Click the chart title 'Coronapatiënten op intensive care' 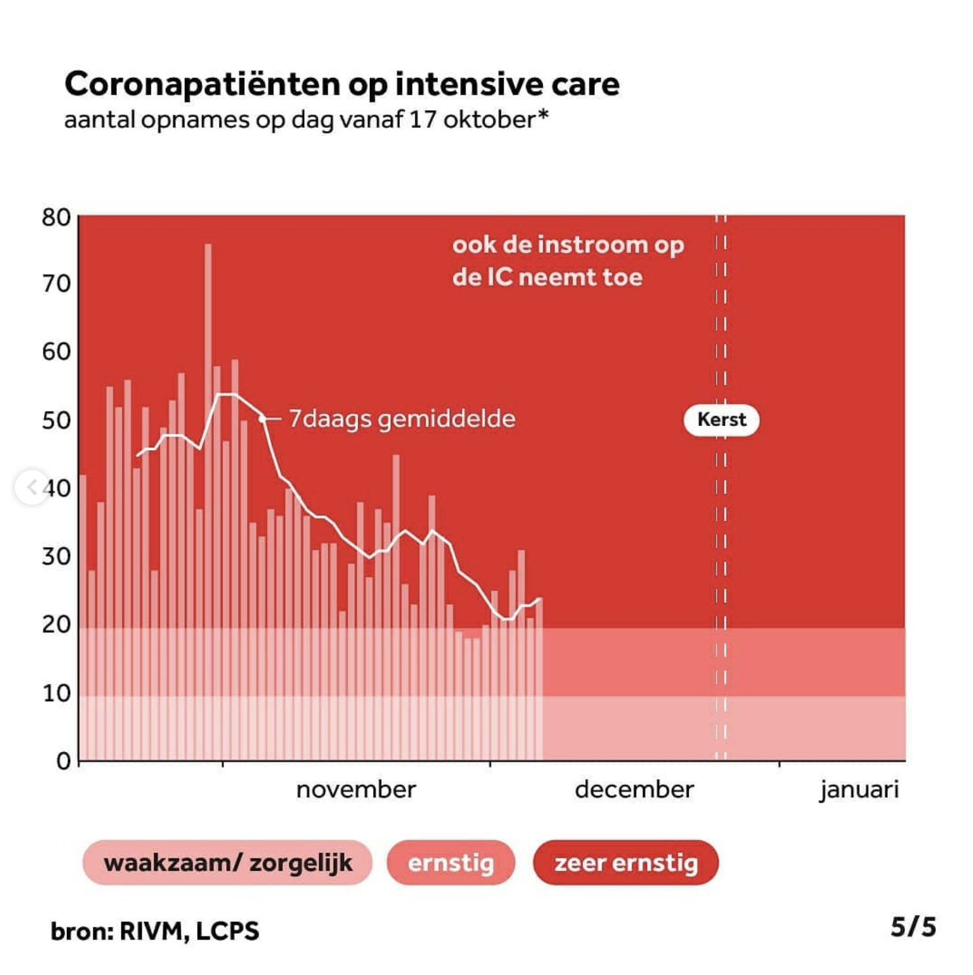point(342,84)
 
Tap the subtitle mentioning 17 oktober point(306,120)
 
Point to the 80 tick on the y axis point(56,218)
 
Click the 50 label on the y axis point(56,421)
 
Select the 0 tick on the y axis point(64,761)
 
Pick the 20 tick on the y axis point(56,624)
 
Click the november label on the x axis point(356,790)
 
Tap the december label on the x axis point(634,790)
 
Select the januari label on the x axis point(858,790)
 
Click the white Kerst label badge point(721,419)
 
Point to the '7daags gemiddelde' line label point(402,419)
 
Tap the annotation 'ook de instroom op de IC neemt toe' point(568,261)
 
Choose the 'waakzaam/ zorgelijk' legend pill point(228,863)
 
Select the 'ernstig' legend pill point(450,863)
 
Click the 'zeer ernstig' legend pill point(625,863)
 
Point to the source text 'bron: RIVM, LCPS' point(155,931)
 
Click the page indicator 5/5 point(913,927)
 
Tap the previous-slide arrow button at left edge point(31,487)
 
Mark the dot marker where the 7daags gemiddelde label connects point(262,419)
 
